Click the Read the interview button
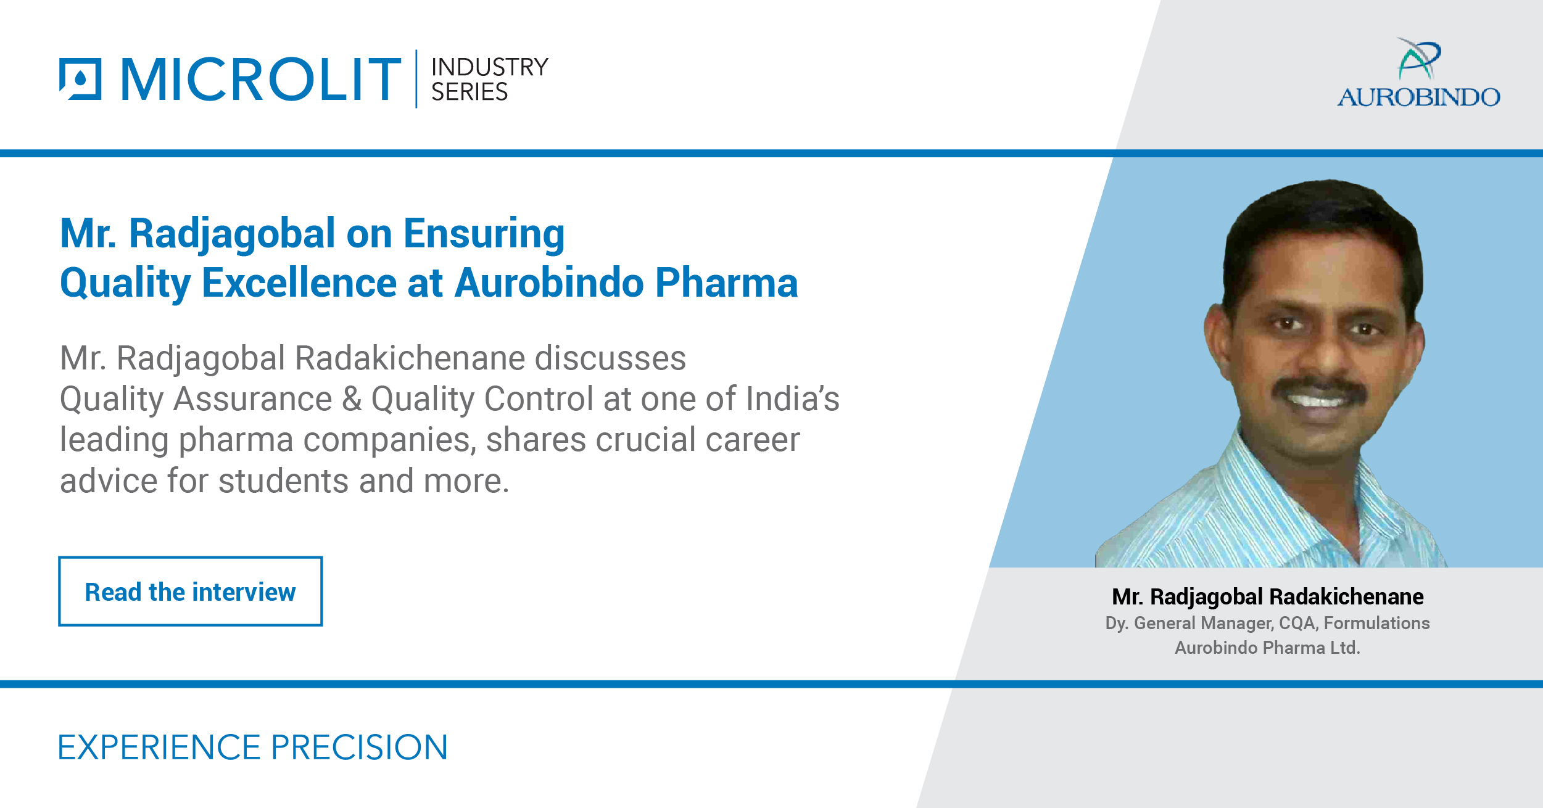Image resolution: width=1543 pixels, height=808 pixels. pyautogui.click(x=190, y=592)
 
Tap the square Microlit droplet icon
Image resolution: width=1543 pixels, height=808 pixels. pyautogui.click(x=80, y=79)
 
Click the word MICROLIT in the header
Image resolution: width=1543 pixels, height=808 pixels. pyautogui.click(x=261, y=79)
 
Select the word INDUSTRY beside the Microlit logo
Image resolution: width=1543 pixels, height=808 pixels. pyautogui.click(x=489, y=67)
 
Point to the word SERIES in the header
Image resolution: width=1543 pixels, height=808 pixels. pyautogui.click(x=469, y=92)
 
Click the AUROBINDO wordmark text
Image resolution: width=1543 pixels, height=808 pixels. pyautogui.click(x=1418, y=97)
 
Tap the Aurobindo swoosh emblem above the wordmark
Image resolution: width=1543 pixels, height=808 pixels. pyautogui.click(x=1418, y=59)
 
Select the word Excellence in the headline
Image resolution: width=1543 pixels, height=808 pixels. pyautogui.click(x=299, y=283)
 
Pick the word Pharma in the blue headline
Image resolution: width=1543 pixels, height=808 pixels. pyautogui.click(x=726, y=283)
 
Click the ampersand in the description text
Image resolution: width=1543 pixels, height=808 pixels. pyautogui.click(x=352, y=398)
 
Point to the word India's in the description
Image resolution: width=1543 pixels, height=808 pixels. pyautogui.click(x=792, y=398)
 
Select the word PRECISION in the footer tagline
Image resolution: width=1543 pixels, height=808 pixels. pyautogui.click(x=359, y=748)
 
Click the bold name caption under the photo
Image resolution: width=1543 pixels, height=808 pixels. pyautogui.click(x=1267, y=596)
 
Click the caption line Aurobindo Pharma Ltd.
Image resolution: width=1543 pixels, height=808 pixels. pyautogui.click(x=1267, y=648)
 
